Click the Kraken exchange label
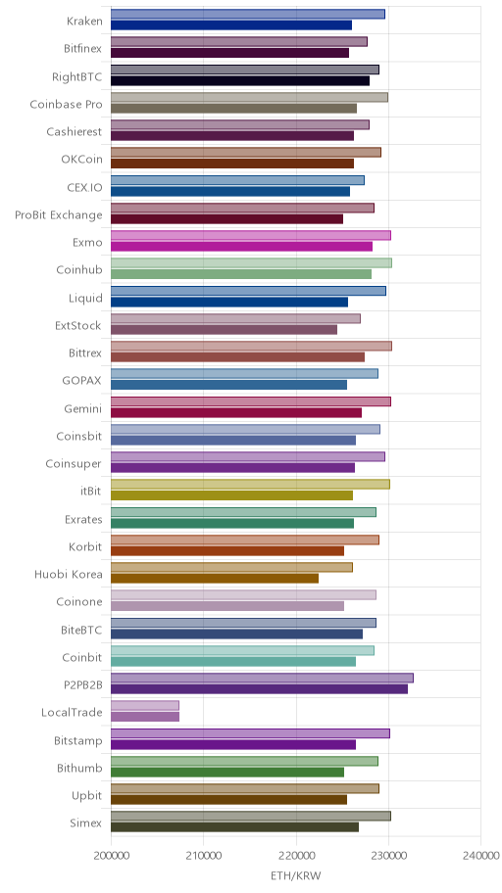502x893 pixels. click(84, 22)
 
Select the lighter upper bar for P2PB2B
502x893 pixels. click(262, 678)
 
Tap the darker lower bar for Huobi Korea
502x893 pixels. click(215, 578)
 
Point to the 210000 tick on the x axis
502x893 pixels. click(204, 856)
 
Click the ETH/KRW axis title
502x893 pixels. click(295, 875)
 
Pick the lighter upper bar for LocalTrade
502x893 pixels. click(145, 706)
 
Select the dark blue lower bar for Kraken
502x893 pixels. click(231, 25)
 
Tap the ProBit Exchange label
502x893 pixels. click(59, 215)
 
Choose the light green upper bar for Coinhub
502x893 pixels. click(251, 262)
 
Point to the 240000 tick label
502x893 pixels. click(480, 856)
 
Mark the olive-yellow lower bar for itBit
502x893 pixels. click(231, 495)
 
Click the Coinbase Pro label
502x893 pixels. click(66, 104)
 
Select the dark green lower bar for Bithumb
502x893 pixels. click(227, 773)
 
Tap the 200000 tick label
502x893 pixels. click(111, 856)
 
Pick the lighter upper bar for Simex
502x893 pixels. click(250, 816)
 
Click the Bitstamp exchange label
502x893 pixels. click(78, 741)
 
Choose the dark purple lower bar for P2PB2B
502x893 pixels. click(259, 689)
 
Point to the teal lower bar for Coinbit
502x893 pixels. click(233, 661)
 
